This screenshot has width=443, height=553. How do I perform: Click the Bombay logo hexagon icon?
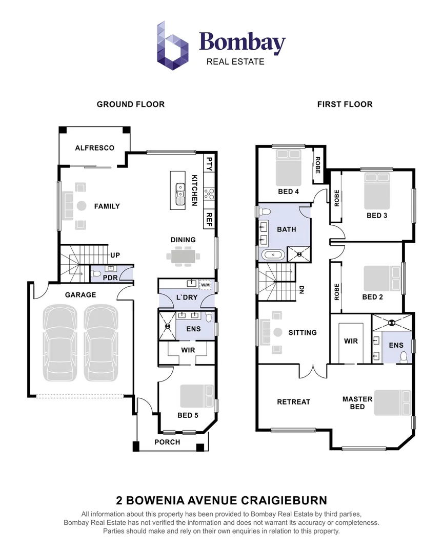tap(172, 46)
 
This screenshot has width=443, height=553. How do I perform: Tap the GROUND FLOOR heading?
tap(131, 104)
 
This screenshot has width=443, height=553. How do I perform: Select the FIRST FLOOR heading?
tap(345, 104)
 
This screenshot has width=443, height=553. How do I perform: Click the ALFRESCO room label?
tap(95, 148)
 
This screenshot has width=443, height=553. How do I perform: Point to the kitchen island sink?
tap(180, 194)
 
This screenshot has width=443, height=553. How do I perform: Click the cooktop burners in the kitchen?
tap(209, 193)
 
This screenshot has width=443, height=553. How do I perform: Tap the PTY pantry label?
tap(209, 164)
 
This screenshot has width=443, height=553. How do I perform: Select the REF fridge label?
tap(209, 219)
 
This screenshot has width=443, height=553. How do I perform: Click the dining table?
tap(183, 256)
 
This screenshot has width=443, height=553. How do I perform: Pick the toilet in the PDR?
tap(95, 273)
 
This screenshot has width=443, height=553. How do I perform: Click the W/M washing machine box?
tap(206, 285)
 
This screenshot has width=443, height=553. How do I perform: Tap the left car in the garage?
tap(59, 343)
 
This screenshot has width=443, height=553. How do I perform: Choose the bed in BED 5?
tap(197, 396)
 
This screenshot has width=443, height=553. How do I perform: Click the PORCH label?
tap(168, 442)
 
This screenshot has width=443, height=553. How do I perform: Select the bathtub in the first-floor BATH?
tap(273, 254)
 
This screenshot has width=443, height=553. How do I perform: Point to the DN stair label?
tap(301, 289)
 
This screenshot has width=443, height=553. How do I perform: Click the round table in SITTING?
tap(278, 332)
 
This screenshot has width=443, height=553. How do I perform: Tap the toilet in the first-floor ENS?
tap(404, 357)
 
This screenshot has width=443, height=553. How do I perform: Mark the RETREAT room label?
tap(294, 402)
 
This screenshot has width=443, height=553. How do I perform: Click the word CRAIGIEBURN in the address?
tap(284, 500)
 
